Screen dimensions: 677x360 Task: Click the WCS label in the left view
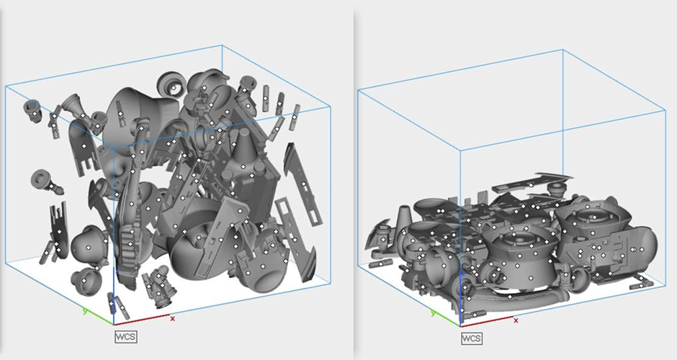coord(126,337)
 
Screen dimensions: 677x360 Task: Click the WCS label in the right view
coord(472,338)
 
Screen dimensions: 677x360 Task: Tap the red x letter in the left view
coord(173,318)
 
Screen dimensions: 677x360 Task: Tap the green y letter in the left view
coord(85,310)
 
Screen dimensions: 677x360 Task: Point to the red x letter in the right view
coord(516,320)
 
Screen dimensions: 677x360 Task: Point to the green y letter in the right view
coord(433,313)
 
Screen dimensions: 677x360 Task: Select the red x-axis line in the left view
coord(142,320)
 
